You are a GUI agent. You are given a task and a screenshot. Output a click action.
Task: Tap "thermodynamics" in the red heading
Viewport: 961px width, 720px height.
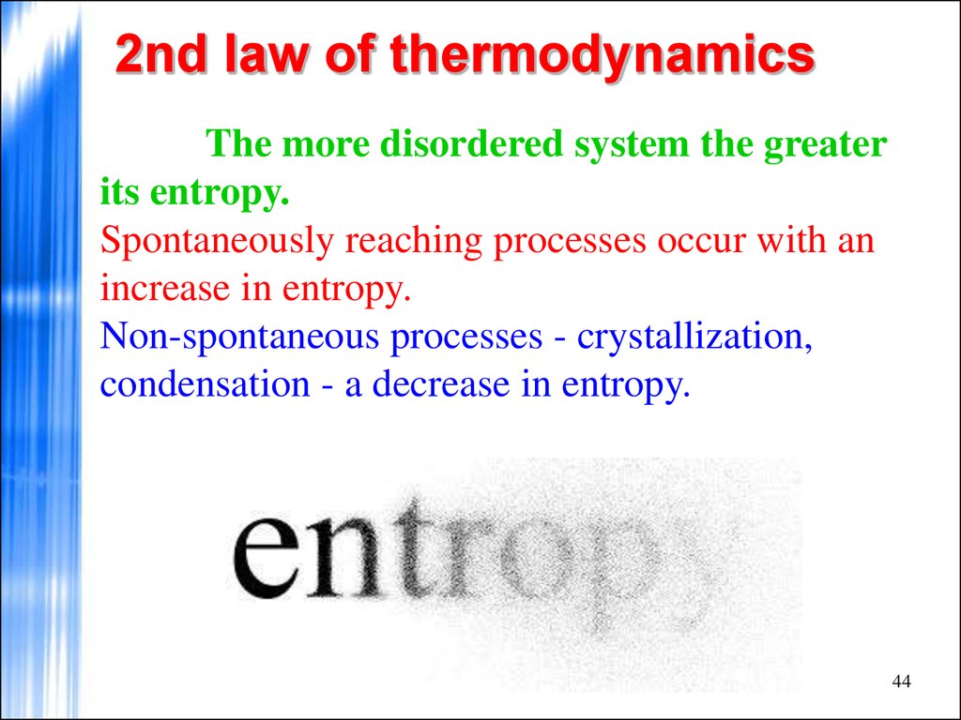pos(602,57)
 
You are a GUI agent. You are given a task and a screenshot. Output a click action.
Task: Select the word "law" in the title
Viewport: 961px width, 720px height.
pos(265,54)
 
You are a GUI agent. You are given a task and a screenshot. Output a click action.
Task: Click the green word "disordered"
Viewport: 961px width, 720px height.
pos(471,143)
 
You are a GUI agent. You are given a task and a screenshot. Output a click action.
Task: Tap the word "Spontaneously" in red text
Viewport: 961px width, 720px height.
pos(217,242)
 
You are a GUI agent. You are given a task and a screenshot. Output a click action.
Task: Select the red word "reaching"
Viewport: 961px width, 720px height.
pos(414,242)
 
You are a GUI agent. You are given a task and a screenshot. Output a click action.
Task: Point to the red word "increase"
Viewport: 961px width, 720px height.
pos(164,289)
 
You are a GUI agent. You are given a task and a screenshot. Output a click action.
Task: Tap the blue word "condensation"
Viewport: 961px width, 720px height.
pos(205,385)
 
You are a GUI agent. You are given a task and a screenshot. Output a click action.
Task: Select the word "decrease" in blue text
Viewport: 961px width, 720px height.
pos(441,385)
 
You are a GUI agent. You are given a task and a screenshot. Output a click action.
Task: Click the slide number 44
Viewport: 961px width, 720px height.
pos(902,682)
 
